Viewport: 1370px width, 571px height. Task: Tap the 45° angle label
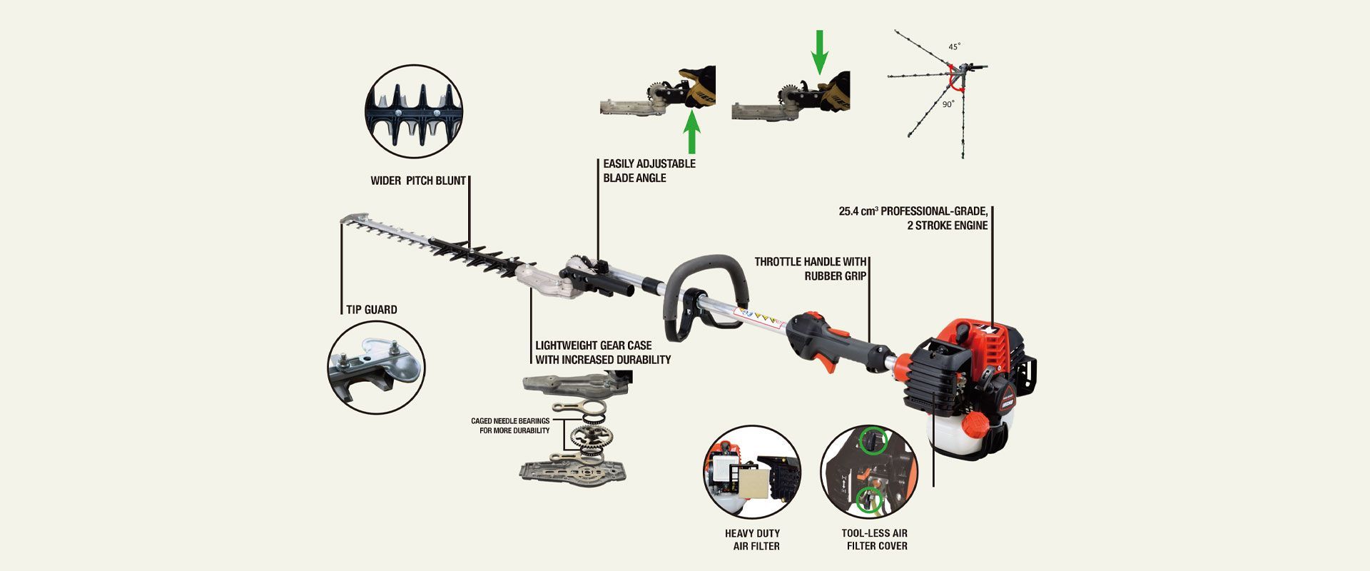(x=954, y=46)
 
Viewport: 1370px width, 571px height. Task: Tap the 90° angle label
(x=948, y=104)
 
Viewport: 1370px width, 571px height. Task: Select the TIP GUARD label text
(x=371, y=310)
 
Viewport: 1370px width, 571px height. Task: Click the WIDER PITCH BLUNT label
(x=417, y=181)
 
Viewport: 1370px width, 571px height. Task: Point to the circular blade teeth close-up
(x=413, y=111)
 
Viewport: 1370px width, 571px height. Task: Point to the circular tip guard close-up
(x=376, y=367)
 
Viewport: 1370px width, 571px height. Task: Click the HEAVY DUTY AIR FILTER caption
(x=752, y=540)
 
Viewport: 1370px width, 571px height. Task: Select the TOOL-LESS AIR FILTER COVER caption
(x=874, y=540)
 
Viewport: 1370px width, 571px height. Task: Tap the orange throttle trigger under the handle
(x=828, y=361)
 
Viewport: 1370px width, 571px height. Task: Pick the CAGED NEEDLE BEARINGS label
(x=510, y=426)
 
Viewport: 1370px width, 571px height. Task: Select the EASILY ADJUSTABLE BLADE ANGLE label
(x=649, y=171)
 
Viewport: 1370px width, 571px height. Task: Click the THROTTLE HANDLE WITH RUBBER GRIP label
(x=811, y=268)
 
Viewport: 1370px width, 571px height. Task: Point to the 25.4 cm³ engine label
(x=913, y=218)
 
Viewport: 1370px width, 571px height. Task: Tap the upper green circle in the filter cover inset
(x=871, y=440)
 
